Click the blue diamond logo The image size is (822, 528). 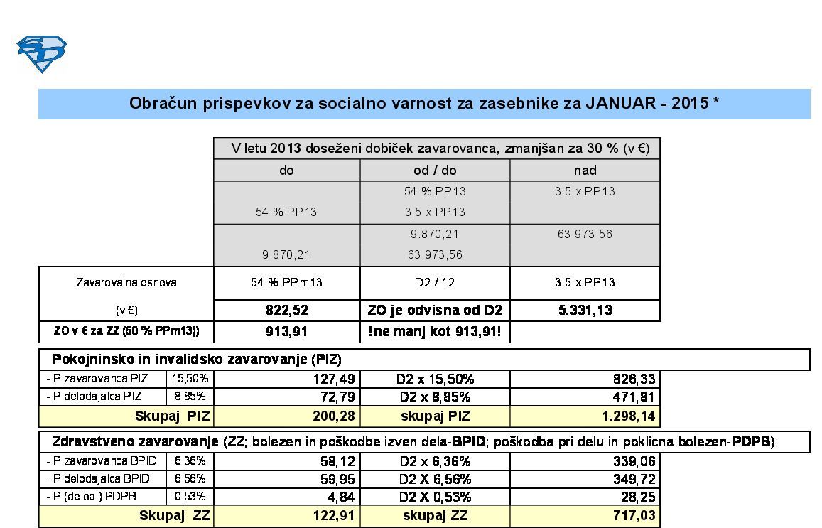[x=42, y=54]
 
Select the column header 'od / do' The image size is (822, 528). [x=435, y=171]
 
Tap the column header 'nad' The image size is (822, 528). [x=585, y=171]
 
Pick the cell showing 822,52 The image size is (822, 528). [x=286, y=311]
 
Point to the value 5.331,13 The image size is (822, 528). [x=585, y=311]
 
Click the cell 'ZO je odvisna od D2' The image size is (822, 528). [x=435, y=311]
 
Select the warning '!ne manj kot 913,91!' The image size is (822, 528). [x=435, y=332]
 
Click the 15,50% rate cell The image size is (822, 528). [x=190, y=379]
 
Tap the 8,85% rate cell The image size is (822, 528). [x=190, y=397]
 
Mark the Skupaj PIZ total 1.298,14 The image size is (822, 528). [x=627, y=416]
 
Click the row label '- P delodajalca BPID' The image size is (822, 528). [x=102, y=479]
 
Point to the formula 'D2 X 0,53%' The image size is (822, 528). [x=435, y=497]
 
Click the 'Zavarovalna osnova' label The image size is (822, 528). [x=126, y=283]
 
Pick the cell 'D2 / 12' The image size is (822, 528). [x=435, y=283]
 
